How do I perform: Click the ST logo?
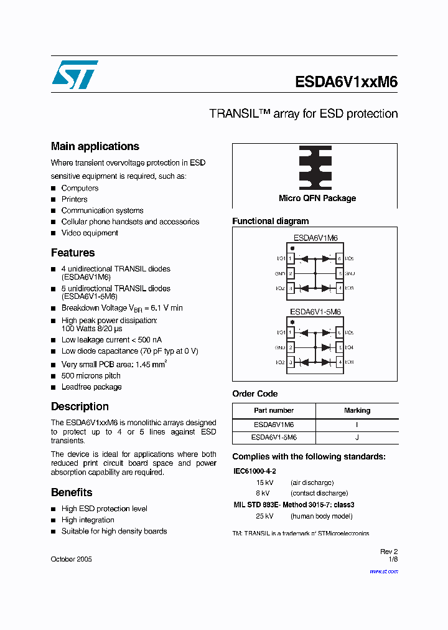[75, 75]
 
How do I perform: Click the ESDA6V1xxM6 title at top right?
[346, 83]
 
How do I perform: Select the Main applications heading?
[95, 146]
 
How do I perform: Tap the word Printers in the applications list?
[75, 199]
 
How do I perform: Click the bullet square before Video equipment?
[54, 233]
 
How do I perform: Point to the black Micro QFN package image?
[315, 167]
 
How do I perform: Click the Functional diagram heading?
[270, 221]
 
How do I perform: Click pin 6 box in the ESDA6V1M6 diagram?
[339, 258]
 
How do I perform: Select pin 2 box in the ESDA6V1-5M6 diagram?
[291, 347]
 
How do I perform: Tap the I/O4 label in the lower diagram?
[349, 347]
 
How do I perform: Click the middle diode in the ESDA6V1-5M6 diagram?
[325, 347]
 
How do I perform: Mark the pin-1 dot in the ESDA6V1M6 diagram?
[292, 248]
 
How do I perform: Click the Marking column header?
[357, 411]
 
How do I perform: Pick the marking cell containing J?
[357, 438]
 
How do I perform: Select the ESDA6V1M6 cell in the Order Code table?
[274, 425]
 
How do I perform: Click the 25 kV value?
[264, 516]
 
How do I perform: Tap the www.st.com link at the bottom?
[385, 571]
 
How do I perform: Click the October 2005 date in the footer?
[71, 559]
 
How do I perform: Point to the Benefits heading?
[72, 492]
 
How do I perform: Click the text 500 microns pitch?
[91, 376]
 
